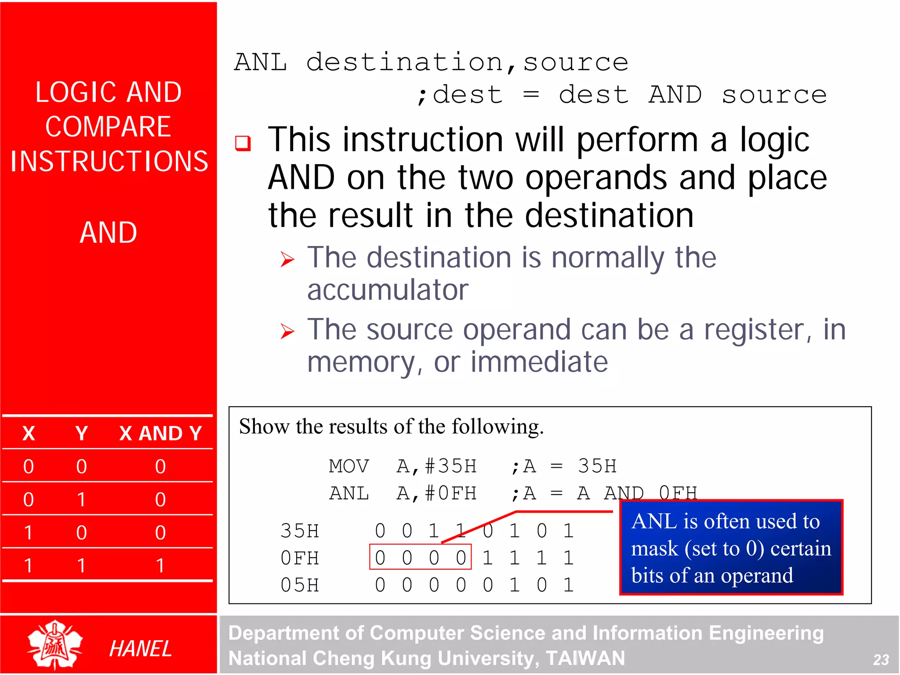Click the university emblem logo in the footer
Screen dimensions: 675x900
pyautogui.click(x=55, y=645)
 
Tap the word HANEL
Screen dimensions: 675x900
pyautogui.click(x=140, y=649)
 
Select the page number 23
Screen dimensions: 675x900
pyautogui.click(x=881, y=660)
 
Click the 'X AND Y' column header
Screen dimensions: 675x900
pyautogui.click(x=160, y=433)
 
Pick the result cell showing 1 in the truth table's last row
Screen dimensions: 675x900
pyautogui.click(x=160, y=566)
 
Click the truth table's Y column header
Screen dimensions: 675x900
pyautogui.click(x=81, y=433)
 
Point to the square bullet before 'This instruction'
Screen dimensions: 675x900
pyautogui.click(x=243, y=143)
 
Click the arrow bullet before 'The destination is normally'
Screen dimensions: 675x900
pyautogui.click(x=287, y=259)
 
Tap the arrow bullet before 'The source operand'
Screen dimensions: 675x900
pyautogui.click(x=287, y=331)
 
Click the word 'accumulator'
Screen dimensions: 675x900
pyautogui.click(x=388, y=290)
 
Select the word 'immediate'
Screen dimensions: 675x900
pyautogui.click(x=539, y=362)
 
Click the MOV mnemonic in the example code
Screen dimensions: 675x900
pyautogui.click(x=349, y=466)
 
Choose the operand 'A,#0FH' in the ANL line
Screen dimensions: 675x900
pyautogui.click(x=436, y=493)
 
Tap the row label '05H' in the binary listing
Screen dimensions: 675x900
pyautogui.click(x=300, y=585)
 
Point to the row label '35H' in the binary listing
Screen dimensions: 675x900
pyautogui.click(x=300, y=531)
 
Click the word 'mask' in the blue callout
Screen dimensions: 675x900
pyautogui.click(x=654, y=549)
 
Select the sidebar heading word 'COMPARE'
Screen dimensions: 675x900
pyautogui.click(x=108, y=127)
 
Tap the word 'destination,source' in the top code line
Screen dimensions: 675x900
pyautogui.click(x=467, y=62)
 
